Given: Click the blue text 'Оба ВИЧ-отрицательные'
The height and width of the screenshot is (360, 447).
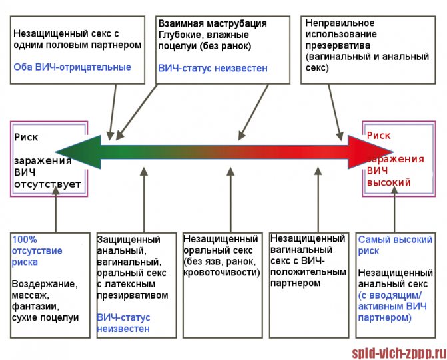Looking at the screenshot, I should point(73,67).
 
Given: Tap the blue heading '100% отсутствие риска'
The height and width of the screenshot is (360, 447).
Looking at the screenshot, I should point(37,250).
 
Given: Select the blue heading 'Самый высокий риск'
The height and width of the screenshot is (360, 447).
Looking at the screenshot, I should point(395,245).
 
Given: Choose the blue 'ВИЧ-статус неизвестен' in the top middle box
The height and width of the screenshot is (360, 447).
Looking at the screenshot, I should point(213,68).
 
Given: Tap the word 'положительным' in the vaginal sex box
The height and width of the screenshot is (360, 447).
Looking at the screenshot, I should point(308,272).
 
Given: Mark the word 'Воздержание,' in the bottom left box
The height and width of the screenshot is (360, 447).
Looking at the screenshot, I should point(45,284).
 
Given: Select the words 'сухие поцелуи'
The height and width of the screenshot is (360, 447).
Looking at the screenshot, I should point(45,317).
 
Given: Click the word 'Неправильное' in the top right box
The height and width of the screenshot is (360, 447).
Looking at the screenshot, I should point(335,23).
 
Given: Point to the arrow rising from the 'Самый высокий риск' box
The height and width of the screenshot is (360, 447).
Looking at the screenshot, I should point(395,210).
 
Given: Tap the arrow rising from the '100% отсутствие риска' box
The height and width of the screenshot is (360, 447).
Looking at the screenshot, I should point(57,210).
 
